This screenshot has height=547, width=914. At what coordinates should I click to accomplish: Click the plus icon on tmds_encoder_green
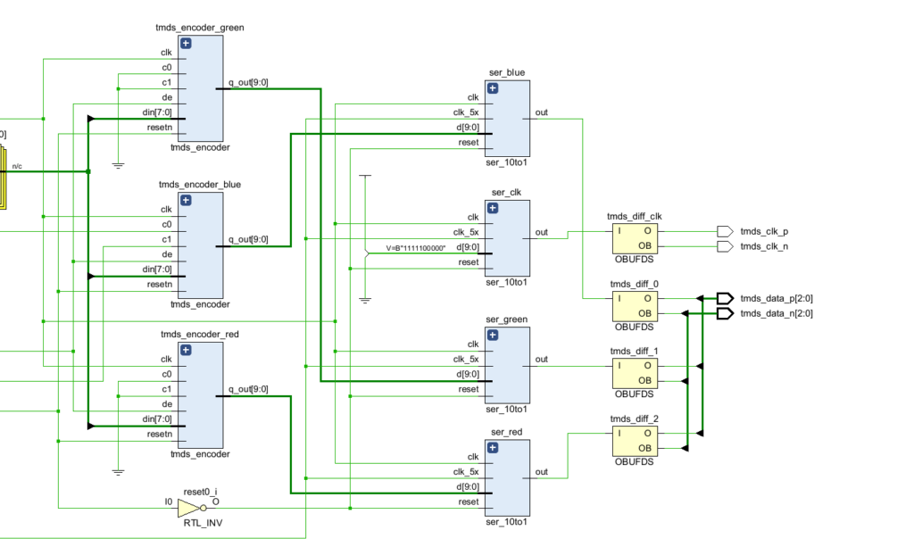pyautogui.click(x=186, y=43)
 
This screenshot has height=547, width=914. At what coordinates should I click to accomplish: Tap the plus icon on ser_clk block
pyautogui.click(x=493, y=208)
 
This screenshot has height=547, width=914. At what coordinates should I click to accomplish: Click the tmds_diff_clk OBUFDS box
pyautogui.click(x=635, y=238)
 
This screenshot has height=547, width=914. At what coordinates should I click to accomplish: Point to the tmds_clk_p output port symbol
pyautogui.click(x=725, y=231)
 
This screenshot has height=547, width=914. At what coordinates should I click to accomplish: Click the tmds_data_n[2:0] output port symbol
pyautogui.click(x=725, y=313)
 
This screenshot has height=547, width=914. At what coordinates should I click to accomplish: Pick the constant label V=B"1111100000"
pyautogui.click(x=416, y=248)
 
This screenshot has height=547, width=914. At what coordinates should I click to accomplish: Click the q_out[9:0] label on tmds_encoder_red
pyautogui.click(x=248, y=389)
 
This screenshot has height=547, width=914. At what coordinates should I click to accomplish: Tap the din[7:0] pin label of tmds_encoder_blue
pyautogui.click(x=157, y=269)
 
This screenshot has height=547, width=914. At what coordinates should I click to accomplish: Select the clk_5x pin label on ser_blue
pyautogui.click(x=466, y=112)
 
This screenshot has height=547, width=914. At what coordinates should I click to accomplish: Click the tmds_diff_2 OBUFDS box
pyautogui.click(x=635, y=441)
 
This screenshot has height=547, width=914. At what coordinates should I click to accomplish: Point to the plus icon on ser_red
pyautogui.click(x=493, y=447)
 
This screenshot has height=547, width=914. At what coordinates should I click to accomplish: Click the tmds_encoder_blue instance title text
pyautogui.click(x=200, y=185)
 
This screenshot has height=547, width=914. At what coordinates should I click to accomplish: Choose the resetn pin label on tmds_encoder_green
pyautogui.click(x=160, y=128)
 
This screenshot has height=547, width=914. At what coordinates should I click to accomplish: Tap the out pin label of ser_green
pyautogui.click(x=542, y=360)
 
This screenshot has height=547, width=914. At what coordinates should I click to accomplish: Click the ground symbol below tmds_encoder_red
pyautogui.click(x=119, y=472)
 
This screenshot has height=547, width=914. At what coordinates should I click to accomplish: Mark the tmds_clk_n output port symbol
pyautogui.click(x=725, y=246)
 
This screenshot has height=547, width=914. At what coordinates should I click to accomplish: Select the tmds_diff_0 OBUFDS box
pyautogui.click(x=635, y=306)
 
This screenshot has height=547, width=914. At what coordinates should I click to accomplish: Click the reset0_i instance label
pyautogui.click(x=201, y=493)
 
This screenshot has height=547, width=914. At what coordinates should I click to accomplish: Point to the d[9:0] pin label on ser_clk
pyautogui.click(x=468, y=247)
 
